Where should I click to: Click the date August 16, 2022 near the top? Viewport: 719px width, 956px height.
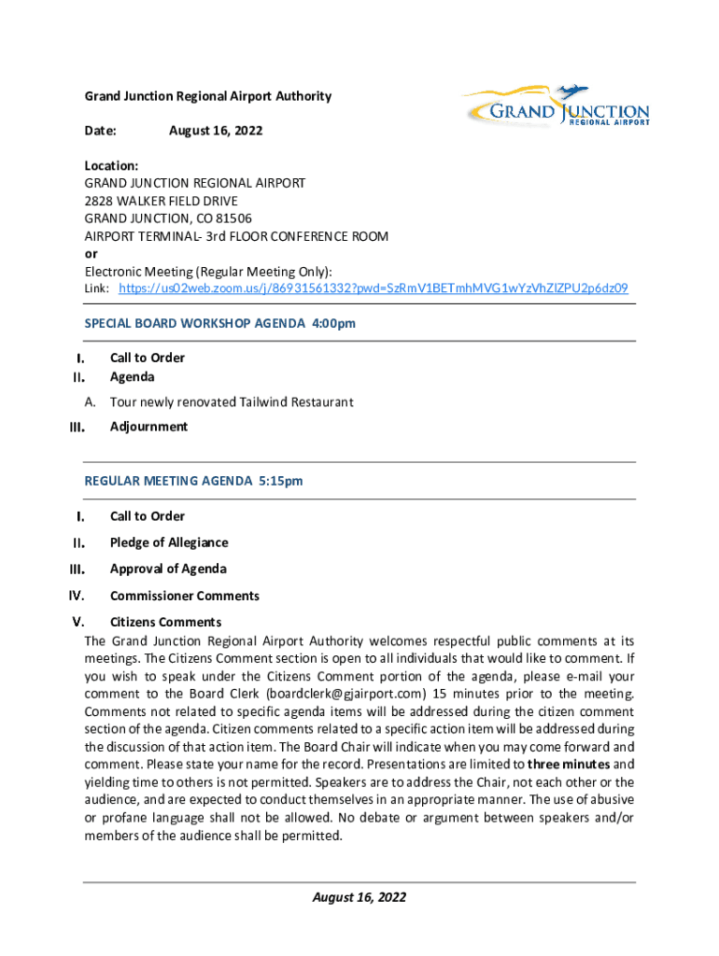(216, 131)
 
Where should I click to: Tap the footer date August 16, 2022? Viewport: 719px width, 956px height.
(359, 897)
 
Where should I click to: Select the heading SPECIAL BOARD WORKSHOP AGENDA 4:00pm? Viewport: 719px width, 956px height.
(220, 323)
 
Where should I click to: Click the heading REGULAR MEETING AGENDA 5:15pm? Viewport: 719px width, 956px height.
(194, 481)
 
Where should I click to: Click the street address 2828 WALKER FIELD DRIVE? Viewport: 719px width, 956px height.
(162, 201)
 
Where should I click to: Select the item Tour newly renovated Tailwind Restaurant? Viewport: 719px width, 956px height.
(232, 402)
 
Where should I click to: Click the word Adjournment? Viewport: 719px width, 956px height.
(148, 427)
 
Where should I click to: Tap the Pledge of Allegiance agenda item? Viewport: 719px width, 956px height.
(169, 542)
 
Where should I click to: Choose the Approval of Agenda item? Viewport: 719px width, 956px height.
(168, 569)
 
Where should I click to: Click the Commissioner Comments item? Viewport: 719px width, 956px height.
(185, 596)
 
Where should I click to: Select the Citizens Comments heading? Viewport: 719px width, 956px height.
(165, 622)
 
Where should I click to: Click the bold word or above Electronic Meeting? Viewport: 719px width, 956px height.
(92, 254)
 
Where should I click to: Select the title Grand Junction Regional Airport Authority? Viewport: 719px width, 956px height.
(208, 96)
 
